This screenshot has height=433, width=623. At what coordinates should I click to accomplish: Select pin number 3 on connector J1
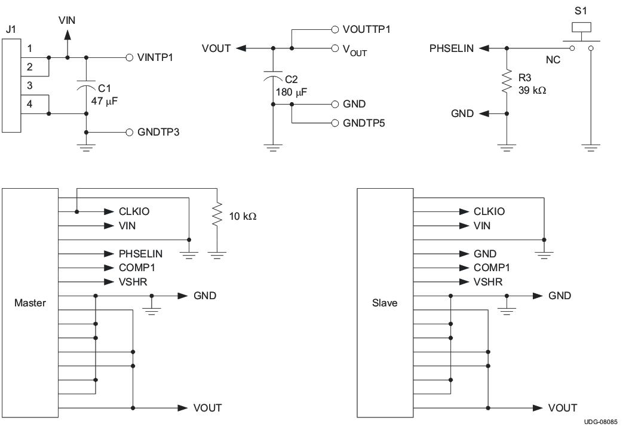tap(30, 85)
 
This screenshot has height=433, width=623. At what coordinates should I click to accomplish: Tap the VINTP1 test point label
tap(155, 58)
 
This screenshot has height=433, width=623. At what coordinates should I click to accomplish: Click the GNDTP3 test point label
tap(158, 133)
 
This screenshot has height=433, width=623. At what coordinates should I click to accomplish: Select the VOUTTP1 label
tap(367, 29)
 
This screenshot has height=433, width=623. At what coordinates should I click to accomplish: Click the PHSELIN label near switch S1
tap(452, 49)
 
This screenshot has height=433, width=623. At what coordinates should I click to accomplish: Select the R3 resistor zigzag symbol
tap(507, 81)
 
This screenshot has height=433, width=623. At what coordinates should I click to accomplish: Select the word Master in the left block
tap(30, 303)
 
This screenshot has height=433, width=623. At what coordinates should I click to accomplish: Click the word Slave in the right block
tap(385, 303)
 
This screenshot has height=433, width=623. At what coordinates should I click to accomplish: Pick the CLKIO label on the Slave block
tap(489, 211)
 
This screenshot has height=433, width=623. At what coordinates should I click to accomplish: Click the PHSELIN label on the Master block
tap(140, 254)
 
